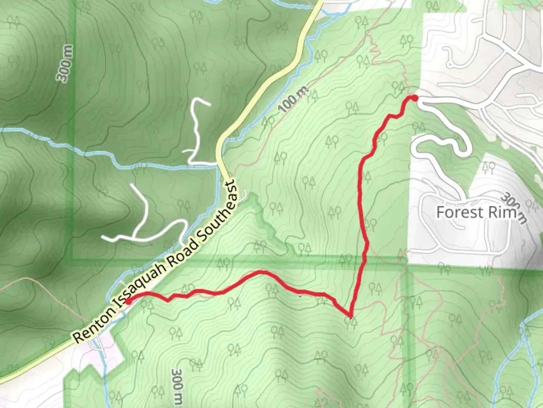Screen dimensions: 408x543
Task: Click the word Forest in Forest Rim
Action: (x=459, y=212)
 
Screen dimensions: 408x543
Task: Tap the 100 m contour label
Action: (x=294, y=99)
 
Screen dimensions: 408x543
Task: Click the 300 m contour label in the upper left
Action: (x=65, y=63)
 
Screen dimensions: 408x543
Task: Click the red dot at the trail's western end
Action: (x=128, y=301)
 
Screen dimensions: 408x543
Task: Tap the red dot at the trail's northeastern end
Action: (x=415, y=98)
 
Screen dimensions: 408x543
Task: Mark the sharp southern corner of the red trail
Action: (x=351, y=315)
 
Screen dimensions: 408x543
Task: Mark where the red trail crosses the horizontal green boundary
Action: (x=364, y=260)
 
